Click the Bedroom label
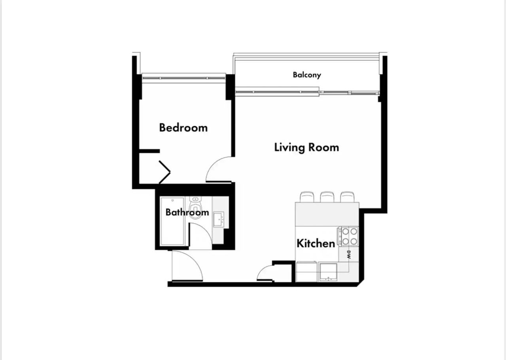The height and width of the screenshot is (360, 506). tap(183, 128)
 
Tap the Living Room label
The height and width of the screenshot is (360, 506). tap(306, 148)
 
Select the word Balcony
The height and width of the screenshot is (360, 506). tap(307, 75)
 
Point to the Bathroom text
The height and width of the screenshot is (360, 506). tap(187, 212)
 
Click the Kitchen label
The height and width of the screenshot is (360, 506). tap(316, 243)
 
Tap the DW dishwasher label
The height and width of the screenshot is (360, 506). tap(349, 255)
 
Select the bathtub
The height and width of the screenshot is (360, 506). tap(172, 221)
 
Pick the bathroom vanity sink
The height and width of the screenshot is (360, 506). tap(219, 219)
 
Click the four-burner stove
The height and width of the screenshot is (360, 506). tap(349, 236)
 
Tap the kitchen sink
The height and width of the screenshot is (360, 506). tap(328, 272)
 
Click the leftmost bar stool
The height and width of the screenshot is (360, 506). tap(307, 197)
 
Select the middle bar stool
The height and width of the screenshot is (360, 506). tap(327, 197)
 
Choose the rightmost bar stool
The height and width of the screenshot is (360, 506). tap(347, 197)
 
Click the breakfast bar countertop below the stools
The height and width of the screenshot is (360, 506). tap(327, 214)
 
